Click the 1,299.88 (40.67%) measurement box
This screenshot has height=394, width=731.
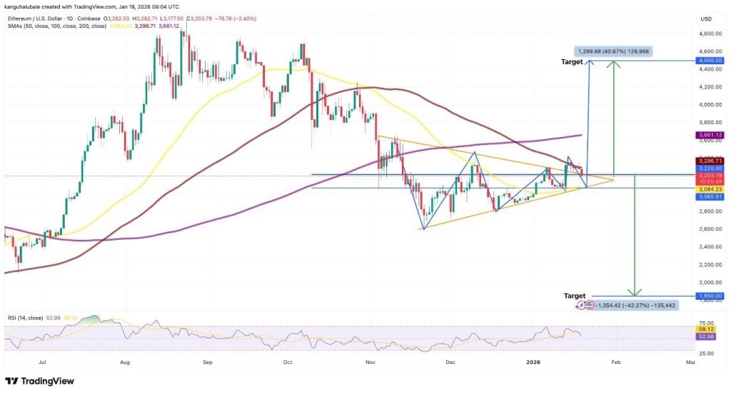(613, 51)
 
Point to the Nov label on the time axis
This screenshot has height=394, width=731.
(370, 363)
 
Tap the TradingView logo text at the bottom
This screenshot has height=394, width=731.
(47, 380)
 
